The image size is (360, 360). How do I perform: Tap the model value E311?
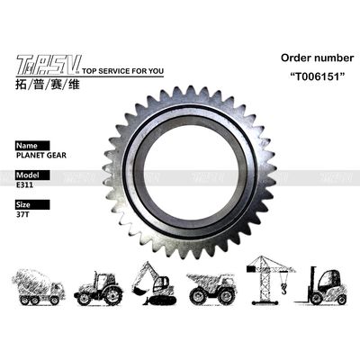pos(24,184)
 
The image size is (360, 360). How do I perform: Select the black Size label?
pos(26,205)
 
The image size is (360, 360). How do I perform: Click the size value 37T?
pos(22,215)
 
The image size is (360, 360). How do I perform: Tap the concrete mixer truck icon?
pos(41,284)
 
